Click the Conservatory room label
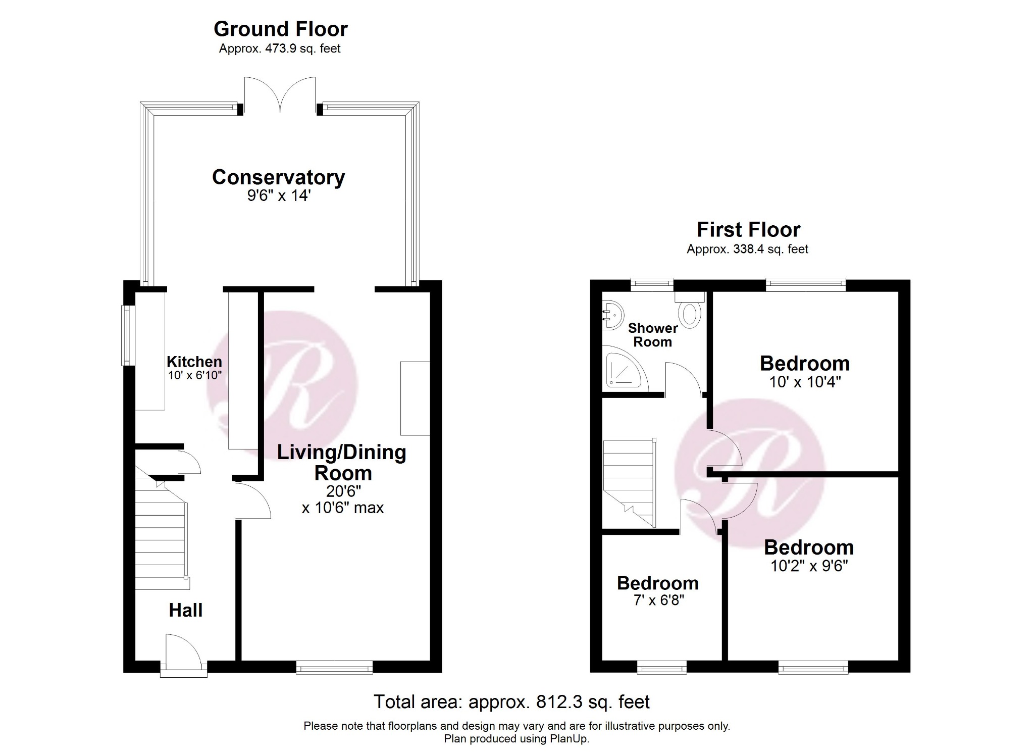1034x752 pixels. click(x=278, y=177)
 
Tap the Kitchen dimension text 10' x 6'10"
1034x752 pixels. click(x=195, y=375)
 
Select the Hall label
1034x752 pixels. click(x=185, y=610)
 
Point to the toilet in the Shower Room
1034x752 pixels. click(x=690, y=313)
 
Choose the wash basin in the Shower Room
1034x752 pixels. click(x=612, y=315)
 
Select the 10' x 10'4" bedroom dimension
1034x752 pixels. click(x=805, y=382)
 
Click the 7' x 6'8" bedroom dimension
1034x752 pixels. click(x=658, y=600)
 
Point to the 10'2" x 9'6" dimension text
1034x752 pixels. click(x=809, y=566)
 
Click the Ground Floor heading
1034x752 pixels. click(x=281, y=29)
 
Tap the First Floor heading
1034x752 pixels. click(x=748, y=230)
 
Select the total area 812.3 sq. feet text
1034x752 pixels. click(x=511, y=701)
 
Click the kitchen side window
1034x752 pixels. click(x=127, y=335)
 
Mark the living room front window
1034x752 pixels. click(x=334, y=667)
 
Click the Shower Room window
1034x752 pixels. click(x=652, y=285)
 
